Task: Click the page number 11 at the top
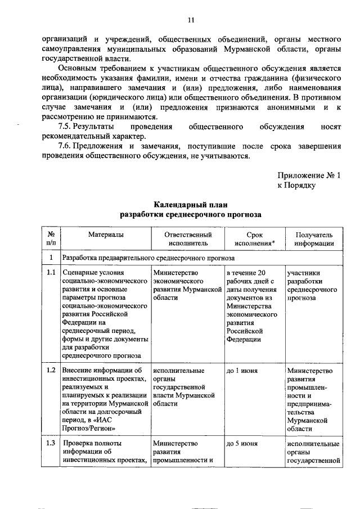coord(190,20)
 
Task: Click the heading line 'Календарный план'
coord(190,204)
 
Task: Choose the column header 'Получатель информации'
coord(313,238)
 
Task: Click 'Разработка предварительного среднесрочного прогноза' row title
coord(148,258)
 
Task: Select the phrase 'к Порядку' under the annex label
coord(296,185)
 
